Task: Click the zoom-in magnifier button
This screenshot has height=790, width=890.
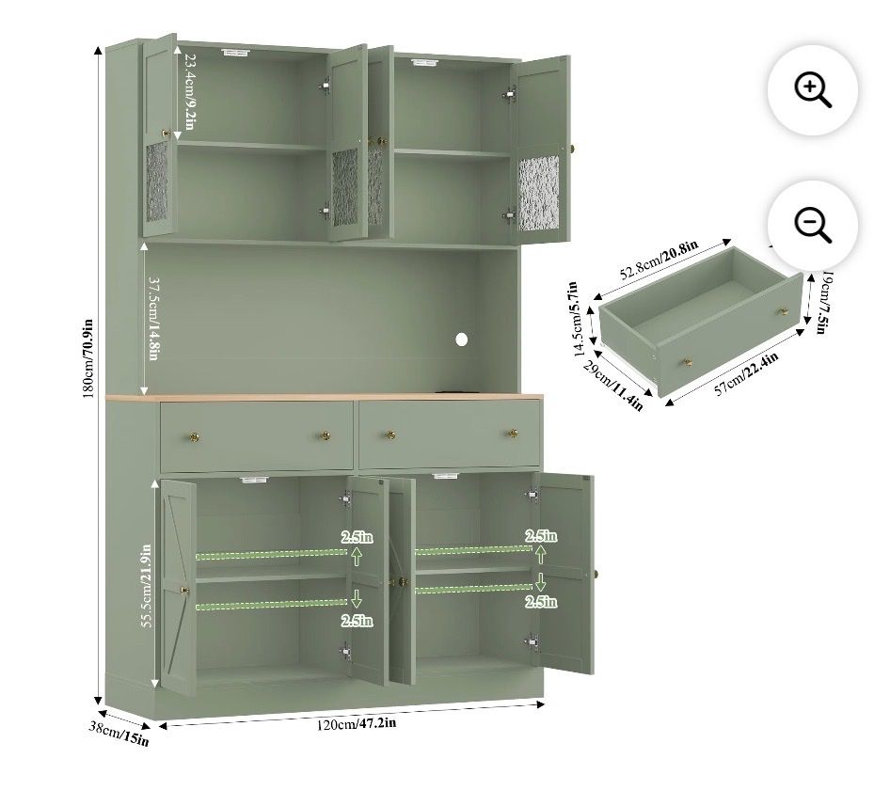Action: coord(812,90)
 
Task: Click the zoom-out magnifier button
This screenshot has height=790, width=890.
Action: coord(812,226)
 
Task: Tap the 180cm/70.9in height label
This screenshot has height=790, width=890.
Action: coord(88,358)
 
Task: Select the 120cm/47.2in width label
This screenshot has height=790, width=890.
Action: coord(356,724)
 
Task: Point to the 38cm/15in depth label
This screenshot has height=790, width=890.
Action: coord(119,734)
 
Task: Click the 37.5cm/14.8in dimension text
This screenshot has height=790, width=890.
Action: coord(153,319)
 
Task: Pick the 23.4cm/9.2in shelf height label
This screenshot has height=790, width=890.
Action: coord(189,92)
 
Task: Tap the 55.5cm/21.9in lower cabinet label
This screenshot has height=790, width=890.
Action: coord(146,586)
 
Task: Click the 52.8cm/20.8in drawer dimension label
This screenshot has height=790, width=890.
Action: coord(659,260)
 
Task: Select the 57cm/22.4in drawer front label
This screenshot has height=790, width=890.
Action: coord(746,373)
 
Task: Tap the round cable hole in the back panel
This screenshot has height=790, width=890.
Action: coord(461,340)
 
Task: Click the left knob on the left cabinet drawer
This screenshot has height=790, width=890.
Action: coord(194,437)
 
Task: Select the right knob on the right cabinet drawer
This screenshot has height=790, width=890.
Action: coord(513,434)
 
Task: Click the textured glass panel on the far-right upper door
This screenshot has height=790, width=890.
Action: coord(539,193)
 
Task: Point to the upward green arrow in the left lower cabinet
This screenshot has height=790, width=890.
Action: coord(357,556)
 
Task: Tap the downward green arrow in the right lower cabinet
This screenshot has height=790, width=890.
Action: coord(540,582)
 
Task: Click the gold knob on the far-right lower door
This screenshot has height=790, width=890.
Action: coord(595,573)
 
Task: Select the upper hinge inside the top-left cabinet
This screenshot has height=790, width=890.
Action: coord(325,86)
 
